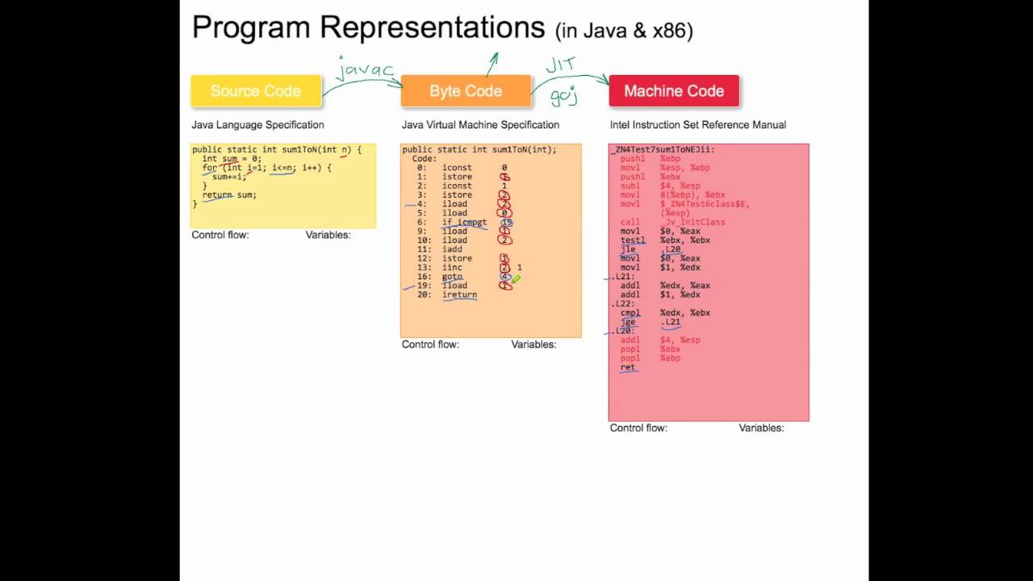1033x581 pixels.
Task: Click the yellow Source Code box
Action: click(255, 91)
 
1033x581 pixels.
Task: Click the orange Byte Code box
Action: click(466, 91)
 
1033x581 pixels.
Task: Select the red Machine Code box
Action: click(674, 91)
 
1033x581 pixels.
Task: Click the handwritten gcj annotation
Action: click(564, 97)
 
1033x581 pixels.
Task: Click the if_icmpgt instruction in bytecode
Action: click(464, 222)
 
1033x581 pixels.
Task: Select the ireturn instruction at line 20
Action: click(459, 295)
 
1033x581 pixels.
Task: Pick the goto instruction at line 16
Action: click(452, 277)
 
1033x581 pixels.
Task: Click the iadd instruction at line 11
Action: click(452, 249)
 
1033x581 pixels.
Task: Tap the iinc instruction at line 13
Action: click(452, 267)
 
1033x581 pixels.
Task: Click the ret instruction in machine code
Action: click(627, 367)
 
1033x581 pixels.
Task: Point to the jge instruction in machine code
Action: click(628, 322)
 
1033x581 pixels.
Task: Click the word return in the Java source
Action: click(217, 194)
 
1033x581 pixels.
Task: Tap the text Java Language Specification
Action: click(257, 125)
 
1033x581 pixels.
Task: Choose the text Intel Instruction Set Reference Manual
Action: click(697, 125)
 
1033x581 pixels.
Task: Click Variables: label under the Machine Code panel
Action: click(761, 428)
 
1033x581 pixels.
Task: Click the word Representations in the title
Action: click(432, 28)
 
